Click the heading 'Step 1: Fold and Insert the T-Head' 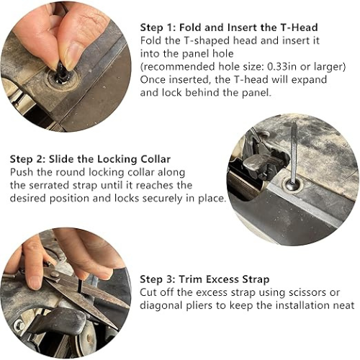229,27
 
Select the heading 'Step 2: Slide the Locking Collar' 90,159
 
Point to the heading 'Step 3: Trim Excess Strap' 204,279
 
